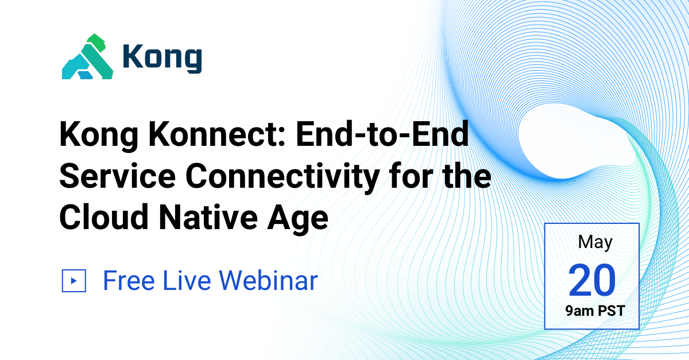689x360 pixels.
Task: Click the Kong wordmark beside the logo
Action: point(162,58)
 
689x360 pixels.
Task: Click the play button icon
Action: point(73,281)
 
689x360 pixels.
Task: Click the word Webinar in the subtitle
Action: point(269,281)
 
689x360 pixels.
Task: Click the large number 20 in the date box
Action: point(592,280)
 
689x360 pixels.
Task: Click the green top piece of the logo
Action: point(96,42)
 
